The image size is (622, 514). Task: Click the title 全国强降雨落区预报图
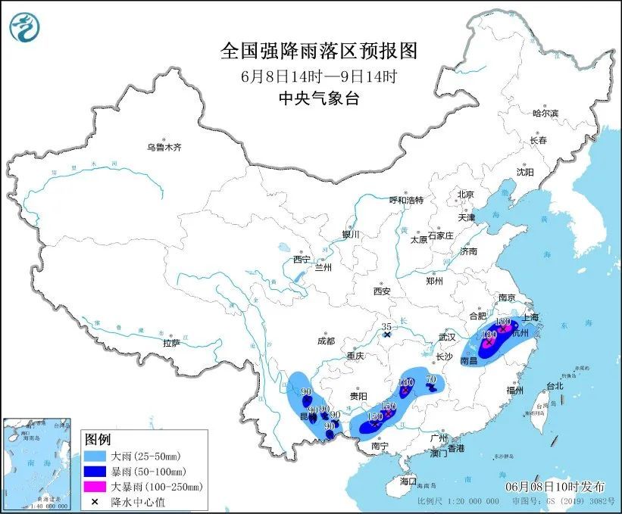[318, 51]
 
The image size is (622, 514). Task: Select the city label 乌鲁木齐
[164, 147]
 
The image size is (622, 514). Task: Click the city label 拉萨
[171, 343]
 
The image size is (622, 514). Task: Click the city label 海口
[408, 481]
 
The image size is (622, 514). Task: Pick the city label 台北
[554, 385]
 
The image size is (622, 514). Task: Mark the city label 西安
[381, 291]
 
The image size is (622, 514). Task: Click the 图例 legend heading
[98, 440]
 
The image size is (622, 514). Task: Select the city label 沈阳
[525, 172]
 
